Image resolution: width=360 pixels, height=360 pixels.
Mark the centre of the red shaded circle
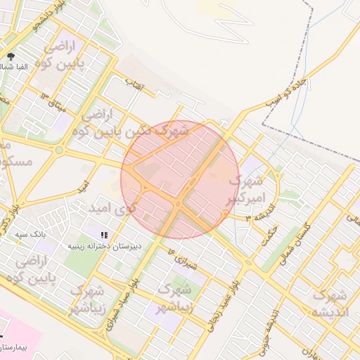[x=180, y=180]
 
